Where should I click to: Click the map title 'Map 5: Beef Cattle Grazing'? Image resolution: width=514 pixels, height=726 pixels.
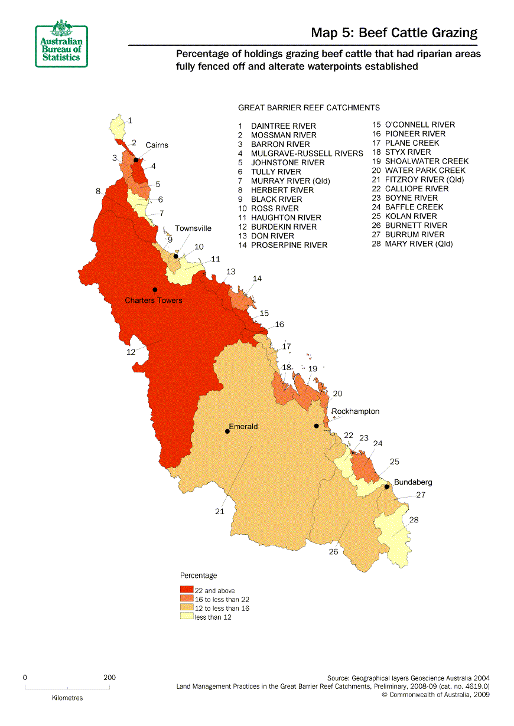(x=394, y=32)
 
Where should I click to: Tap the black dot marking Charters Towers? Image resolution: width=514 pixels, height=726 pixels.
(x=155, y=289)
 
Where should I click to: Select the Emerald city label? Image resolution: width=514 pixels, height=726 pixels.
(x=243, y=426)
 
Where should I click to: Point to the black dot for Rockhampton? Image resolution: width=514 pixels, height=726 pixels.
(x=317, y=426)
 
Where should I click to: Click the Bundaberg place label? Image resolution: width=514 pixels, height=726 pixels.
(x=413, y=482)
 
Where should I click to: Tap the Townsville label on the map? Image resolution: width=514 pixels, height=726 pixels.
(x=193, y=228)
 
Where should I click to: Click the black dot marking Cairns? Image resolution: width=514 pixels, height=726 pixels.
(x=136, y=160)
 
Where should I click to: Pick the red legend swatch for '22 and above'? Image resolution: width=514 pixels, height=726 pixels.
(x=187, y=590)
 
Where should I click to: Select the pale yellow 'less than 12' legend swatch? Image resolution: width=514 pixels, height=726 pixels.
(x=187, y=617)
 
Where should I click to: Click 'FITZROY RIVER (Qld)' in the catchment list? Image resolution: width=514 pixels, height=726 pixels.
(x=424, y=179)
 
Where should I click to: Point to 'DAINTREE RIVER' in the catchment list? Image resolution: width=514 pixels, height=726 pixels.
(x=283, y=126)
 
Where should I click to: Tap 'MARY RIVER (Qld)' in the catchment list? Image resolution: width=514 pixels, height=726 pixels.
(x=419, y=244)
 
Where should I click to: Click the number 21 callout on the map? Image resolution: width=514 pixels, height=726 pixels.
(x=220, y=512)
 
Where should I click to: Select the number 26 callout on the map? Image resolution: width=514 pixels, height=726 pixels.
(x=334, y=552)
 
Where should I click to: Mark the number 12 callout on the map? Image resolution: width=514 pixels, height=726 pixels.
(x=131, y=352)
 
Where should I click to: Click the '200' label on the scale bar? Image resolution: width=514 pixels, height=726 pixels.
(x=109, y=678)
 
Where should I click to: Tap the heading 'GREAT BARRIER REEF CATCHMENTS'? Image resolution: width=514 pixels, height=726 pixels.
(x=308, y=108)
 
